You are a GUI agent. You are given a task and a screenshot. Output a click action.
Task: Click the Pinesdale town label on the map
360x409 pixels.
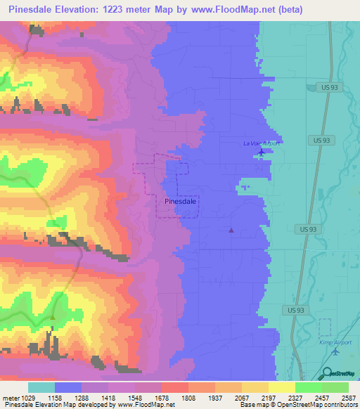tap(180, 201)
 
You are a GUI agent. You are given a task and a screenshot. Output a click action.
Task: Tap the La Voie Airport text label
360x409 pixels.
tap(262, 143)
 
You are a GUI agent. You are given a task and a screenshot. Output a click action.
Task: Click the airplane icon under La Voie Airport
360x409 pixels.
tap(262, 152)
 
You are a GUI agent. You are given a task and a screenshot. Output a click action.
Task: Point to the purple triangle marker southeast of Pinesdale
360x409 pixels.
tap(231, 229)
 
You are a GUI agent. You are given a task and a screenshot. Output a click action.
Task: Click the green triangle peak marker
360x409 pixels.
tap(53, 317)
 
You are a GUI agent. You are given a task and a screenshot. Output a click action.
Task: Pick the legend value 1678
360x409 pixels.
tap(162, 397)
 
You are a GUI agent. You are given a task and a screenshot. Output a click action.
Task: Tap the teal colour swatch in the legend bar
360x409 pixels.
tap(41, 387)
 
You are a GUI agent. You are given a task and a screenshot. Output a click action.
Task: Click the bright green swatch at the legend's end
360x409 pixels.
tap(335, 387)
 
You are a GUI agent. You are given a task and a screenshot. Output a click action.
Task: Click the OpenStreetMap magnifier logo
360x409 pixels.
tap(327, 374)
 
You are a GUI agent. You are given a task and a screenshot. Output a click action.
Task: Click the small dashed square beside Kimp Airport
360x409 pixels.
tap(324, 327)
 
